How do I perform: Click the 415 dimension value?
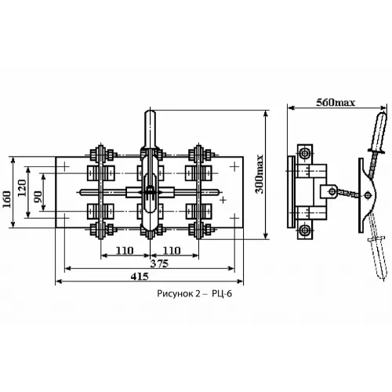[x=140, y=277]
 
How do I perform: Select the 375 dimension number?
[x=159, y=263]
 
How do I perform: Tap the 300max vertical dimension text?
[x=260, y=174]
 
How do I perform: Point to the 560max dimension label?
[x=336, y=102]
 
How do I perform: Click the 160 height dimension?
[x=7, y=199]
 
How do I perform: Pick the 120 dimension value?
[x=22, y=188]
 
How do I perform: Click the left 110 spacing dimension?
[x=125, y=251]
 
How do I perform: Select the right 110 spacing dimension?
[x=172, y=251]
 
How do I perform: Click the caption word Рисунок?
[x=175, y=294]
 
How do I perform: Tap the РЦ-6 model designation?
[x=222, y=294]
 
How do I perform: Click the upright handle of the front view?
[x=150, y=129]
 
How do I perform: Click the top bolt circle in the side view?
[x=305, y=154]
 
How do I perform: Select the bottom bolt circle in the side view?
[x=305, y=230]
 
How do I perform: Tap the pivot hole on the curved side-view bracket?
[x=368, y=195]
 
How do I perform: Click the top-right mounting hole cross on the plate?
[x=234, y=166]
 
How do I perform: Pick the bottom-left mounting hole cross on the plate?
[x=65, y=218]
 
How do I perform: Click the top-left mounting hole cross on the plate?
[x=65, y=166]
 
